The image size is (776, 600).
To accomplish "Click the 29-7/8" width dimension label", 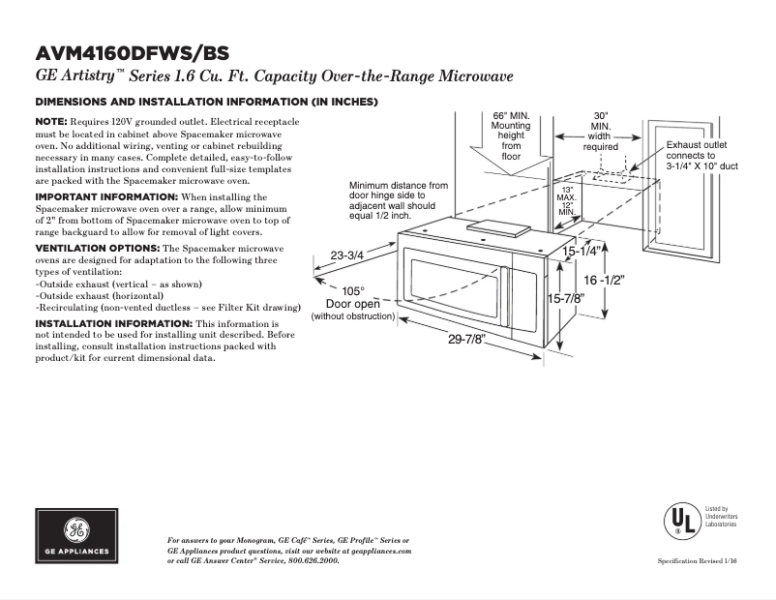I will pos(467,339).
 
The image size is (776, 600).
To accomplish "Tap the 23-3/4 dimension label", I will pos(346,255).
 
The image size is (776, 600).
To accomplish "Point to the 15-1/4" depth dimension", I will pos(582,251).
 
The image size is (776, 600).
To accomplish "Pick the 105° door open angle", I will pos(353,290).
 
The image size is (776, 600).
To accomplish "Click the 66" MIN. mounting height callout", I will pos(511,135).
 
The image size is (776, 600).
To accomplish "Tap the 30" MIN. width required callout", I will pos(600,132).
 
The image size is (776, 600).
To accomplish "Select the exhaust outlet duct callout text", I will pos(701,155).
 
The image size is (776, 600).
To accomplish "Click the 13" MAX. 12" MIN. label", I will pos(567,201).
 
